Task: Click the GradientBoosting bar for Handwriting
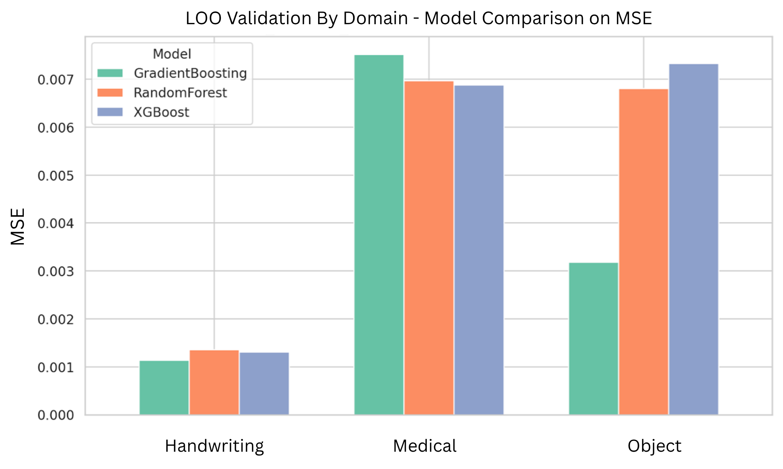coord(164,388)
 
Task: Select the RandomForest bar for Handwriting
coord(214,383)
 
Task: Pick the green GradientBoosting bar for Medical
coord(379,235)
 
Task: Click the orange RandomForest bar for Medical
coord(429,248)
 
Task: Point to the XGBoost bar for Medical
coord(479,250)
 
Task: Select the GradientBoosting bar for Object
coord(594,338)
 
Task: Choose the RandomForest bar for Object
coord(644,252)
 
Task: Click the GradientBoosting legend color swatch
coord(110,73)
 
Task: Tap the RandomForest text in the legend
coord(180,93)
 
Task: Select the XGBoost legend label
coord(161,112)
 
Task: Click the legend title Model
coord(172,54)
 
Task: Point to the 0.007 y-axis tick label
coord(56,80)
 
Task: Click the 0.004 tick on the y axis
coord(56,223)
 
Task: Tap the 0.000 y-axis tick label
coord(56,415)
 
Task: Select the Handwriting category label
coord(214,446)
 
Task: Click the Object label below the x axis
coord(654,446)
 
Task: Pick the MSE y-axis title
coord(18,226)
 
